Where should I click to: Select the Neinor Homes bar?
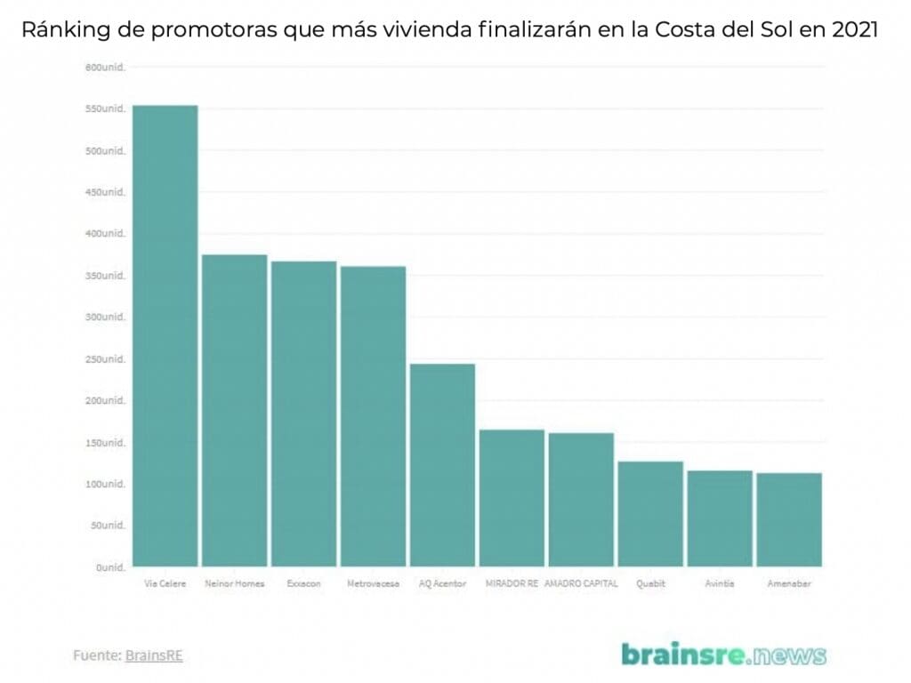(x=235, y=410)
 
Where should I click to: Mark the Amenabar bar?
(x=789, y=519)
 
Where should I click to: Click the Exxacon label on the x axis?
(x=303, y=584)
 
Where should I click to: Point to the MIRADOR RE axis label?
(x=512, y=584)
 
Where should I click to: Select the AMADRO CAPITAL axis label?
(x=581, y=584)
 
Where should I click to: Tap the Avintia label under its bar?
(x=720, y=584)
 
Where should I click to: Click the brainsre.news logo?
(x=723, y=655)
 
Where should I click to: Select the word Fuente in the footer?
(x=96, y=655)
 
